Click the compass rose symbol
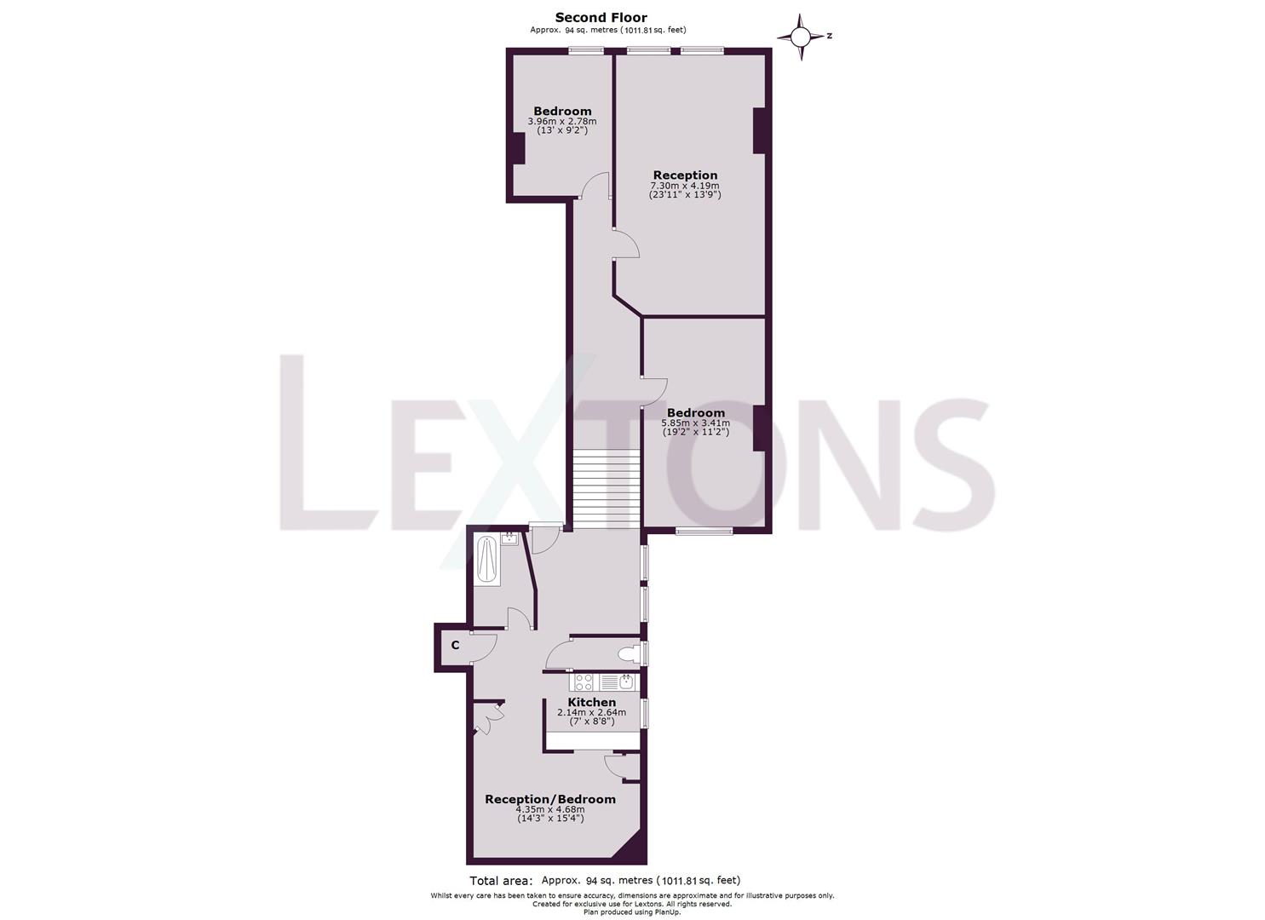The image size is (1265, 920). [x=801, y=37]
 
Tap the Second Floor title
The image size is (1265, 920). [x=601, y=17]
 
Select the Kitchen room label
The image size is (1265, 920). [x=591, y=702]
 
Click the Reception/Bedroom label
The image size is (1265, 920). [x=549, y=799]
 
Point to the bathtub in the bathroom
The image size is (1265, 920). [x=487, y=560]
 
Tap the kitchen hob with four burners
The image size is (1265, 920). [x=584, y=681]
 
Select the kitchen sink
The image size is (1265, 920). [x=625, y=681]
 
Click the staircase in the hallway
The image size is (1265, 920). [x=605, y=490]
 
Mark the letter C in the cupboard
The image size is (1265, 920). [x=455, y=646]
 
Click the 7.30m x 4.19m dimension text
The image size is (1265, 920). [x=685, y=186]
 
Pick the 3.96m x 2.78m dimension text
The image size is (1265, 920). [x=562, y=122]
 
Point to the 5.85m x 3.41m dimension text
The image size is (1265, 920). [x=696, y=423]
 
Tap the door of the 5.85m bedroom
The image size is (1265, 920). [x=653, y=391]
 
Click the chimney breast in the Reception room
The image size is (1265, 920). [x=760, y=130]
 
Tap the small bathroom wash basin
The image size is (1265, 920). [x=509, y=538]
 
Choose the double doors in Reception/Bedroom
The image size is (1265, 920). [x=488, y=720]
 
